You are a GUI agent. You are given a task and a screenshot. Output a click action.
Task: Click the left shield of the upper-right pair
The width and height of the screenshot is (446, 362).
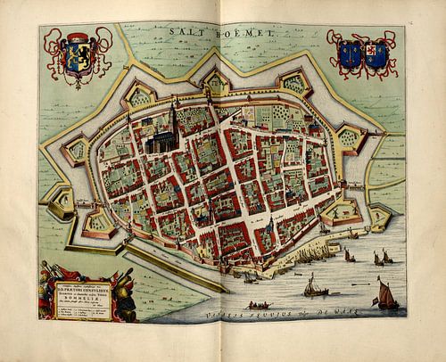(346, 51)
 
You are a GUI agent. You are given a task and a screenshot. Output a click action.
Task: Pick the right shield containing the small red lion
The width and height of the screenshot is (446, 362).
(376, 52)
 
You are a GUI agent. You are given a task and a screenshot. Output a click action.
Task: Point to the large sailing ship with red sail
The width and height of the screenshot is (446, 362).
(386, 295)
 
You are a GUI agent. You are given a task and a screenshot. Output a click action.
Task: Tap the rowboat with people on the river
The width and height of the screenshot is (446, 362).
(258, 305)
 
